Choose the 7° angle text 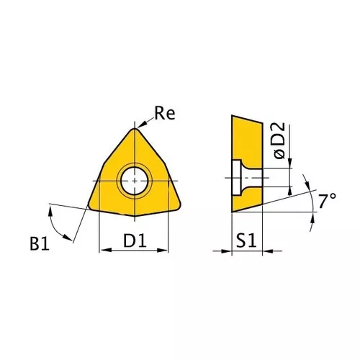(328, 202)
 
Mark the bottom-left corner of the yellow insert (91, 206)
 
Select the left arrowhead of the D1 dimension (102, 251)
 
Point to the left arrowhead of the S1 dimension (235, 251)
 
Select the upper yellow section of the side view (245, 140)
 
